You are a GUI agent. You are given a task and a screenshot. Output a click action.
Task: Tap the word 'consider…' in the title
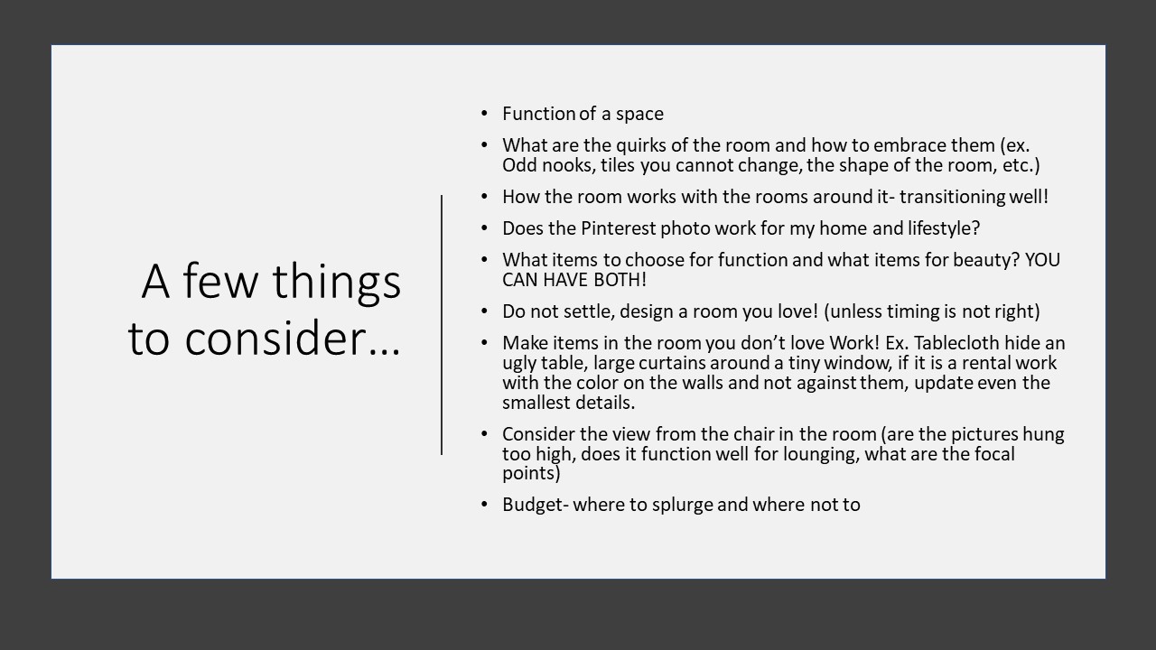tap(293, 339)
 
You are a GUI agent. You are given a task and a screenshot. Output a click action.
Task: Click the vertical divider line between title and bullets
tap(442, 325)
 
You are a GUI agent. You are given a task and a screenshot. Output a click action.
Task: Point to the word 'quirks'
tap(641, 146)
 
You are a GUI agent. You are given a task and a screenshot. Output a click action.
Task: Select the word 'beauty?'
tap(987, 260)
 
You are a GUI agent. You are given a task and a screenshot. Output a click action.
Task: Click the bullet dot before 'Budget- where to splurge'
tap(484, 504)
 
